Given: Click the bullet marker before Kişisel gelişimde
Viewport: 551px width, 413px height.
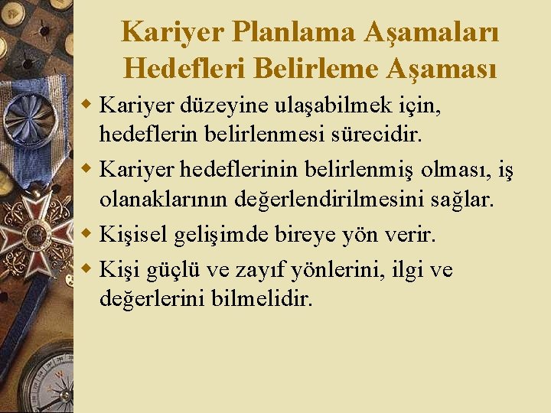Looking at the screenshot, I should [x=87, y=233].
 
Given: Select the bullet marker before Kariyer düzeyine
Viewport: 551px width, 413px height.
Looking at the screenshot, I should [x=87, y=102].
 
